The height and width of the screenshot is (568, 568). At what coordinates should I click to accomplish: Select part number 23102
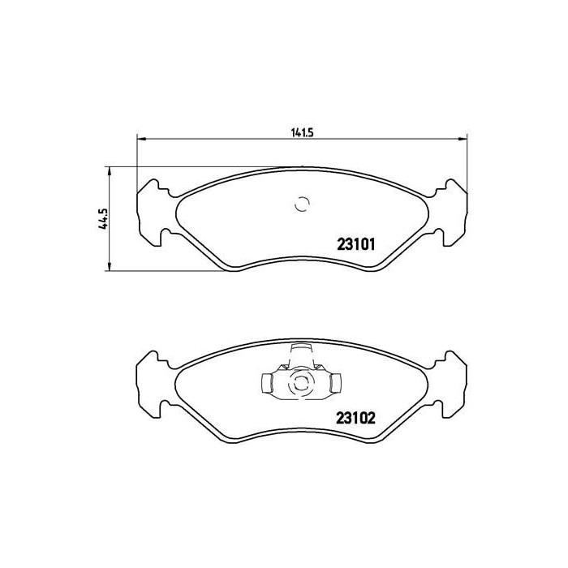(x=354, y=420)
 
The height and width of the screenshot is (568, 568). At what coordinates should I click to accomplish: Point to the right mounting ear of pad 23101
(x=454, y=213)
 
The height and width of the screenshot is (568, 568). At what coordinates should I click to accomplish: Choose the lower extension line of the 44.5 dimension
(x=162, y=271)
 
